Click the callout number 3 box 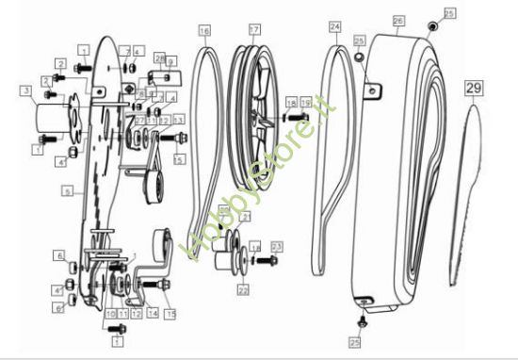[x=26, y=90]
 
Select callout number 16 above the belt [x=205, y=30]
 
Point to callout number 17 [x=253, y=30]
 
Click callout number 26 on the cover [x=397, y=19]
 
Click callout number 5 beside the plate [x=67, y=190]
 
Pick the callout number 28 [x=159, y=57]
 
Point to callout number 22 [x=243, y=290]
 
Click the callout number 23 [x=277, y=246]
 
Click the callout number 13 [x=178, y=120]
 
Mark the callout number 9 [x=171, y=62]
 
